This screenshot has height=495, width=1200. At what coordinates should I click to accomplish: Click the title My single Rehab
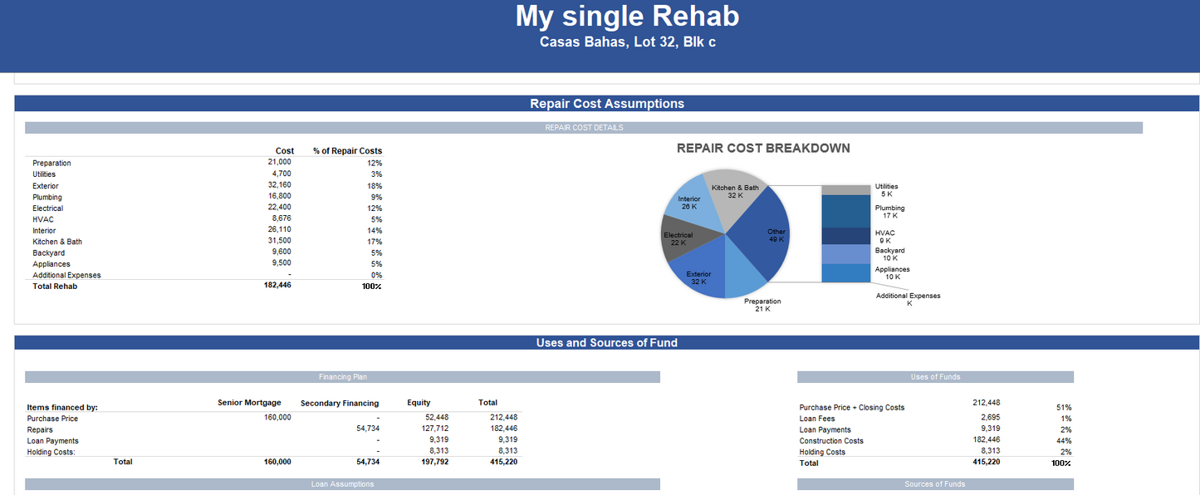pyautogui.click(x=627, y=16)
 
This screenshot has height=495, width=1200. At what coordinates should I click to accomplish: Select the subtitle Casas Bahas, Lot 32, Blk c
pyautogui.click(x=627, y=42)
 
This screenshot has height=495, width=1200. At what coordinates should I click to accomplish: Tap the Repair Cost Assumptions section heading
pyautogui.click(x=607, y=104)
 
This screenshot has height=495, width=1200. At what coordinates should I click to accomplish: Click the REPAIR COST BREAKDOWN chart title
pyautogui.click(x=763, y=149)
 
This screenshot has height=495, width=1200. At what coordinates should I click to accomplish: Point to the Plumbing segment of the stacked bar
pyautogui.click(x=845, y=211)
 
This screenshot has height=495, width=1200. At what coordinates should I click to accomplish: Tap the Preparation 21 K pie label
pyautogui.click(x=762, y=305)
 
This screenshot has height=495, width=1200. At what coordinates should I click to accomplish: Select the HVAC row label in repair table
pyautogui.click(x=43, y=219)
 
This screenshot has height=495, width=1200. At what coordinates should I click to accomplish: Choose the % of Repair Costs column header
pyautogui.click(x=347, y=151)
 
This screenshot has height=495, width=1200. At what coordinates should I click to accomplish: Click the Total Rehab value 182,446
pyautogui.click(x=277, y=285)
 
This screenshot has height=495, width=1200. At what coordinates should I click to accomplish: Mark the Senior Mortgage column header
pyautogui.click(x=249, y=403)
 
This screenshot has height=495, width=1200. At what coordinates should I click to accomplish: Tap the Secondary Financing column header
pyautogui.click(x=340, y=404)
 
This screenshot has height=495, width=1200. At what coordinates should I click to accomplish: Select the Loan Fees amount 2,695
pyautogui.click(x=990, y=418)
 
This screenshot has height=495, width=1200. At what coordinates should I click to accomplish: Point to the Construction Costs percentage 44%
pyautogui.click(x=1064, y=441)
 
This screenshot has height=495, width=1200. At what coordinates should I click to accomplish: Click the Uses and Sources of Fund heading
pyautogui.click(x=607, y=343)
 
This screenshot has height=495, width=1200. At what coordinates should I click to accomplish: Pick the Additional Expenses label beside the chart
pyautogui.click(x=908, y=296)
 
